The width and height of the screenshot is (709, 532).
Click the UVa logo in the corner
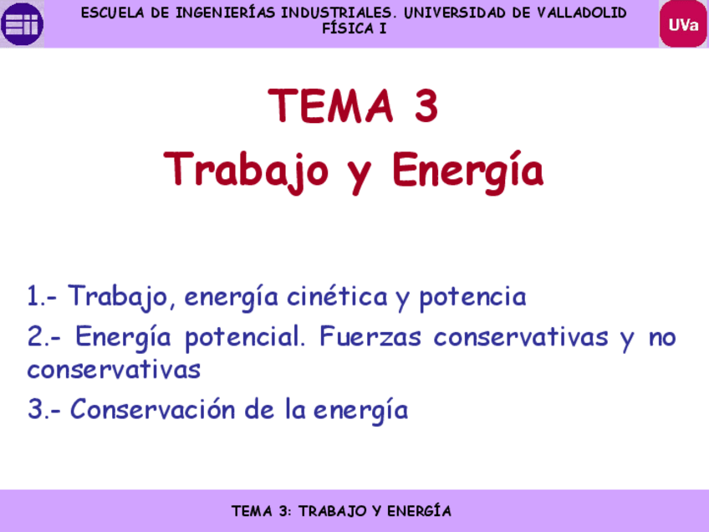point(683,23)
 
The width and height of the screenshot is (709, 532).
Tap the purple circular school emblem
point(22,23)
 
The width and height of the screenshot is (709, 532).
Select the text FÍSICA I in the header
point(354,28)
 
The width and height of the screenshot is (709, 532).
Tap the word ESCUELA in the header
point(109,13)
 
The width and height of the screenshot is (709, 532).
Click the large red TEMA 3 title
point(354,106)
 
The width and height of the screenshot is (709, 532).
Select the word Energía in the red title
point(468,171)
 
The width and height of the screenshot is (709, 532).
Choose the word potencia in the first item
point(472,297)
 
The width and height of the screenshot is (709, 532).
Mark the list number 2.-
point(43,338)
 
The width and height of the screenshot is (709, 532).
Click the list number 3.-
point(43,411)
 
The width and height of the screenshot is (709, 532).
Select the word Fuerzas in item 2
point(372,338)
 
